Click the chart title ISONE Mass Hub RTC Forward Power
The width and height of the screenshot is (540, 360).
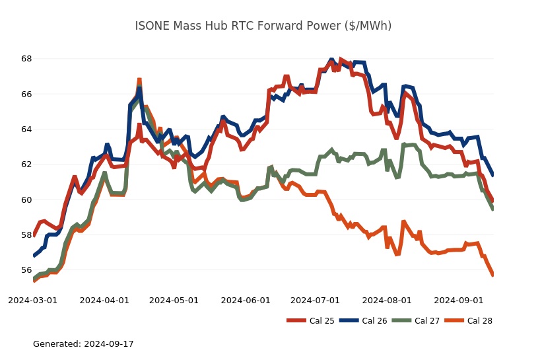263,26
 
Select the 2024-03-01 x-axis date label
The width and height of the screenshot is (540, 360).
32,300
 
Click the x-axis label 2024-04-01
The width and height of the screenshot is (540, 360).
104,300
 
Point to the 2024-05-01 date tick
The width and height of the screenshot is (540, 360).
174,300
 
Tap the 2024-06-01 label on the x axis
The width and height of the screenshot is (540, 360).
246,300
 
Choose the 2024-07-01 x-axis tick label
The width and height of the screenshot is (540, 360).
315,300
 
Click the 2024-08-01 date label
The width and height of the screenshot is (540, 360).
387,300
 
